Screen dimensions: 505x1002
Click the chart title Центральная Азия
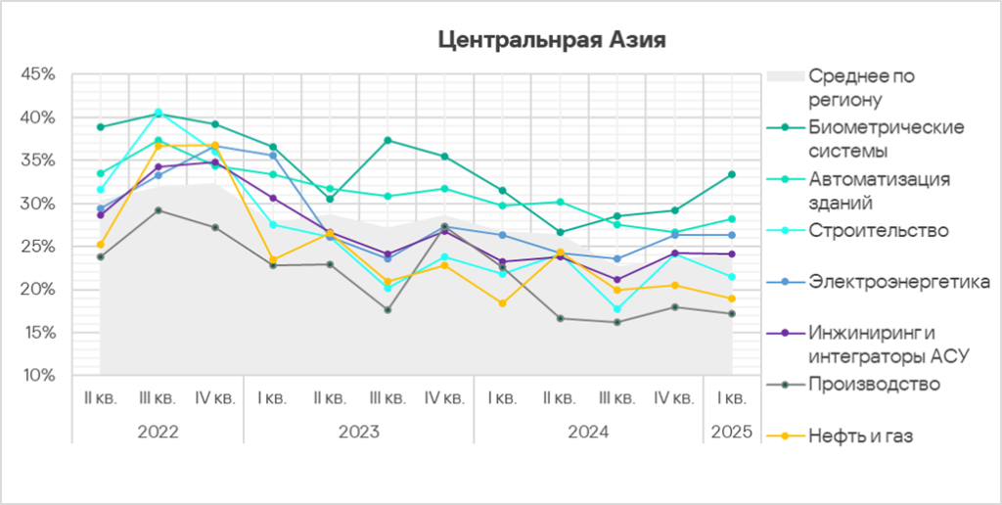pos(552,41)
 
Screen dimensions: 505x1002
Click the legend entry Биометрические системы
pos(887,139)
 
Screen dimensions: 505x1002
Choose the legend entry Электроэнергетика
pos(899,282)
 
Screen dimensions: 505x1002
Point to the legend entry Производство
pos(874,384)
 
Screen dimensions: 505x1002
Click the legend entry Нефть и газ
pos(860,436)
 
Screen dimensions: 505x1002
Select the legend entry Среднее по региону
pos(860,86)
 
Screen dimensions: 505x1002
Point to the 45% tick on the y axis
pos(39,74)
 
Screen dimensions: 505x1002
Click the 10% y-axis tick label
pos(39,376)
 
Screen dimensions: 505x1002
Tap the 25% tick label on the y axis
pos(39,247)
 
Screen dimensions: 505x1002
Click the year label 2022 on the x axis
pos(158,431)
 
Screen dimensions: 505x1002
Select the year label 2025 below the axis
pos(732,431)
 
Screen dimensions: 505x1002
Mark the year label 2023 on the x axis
pos(358,431)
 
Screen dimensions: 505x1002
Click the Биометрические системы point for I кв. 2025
pos(732,174)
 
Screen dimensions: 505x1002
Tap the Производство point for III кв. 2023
pos(387,310)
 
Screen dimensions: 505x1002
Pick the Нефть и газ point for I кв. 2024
pos(502,303)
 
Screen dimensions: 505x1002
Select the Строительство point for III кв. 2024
pos(616,309)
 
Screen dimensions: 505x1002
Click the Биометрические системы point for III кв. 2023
pos(387,140)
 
